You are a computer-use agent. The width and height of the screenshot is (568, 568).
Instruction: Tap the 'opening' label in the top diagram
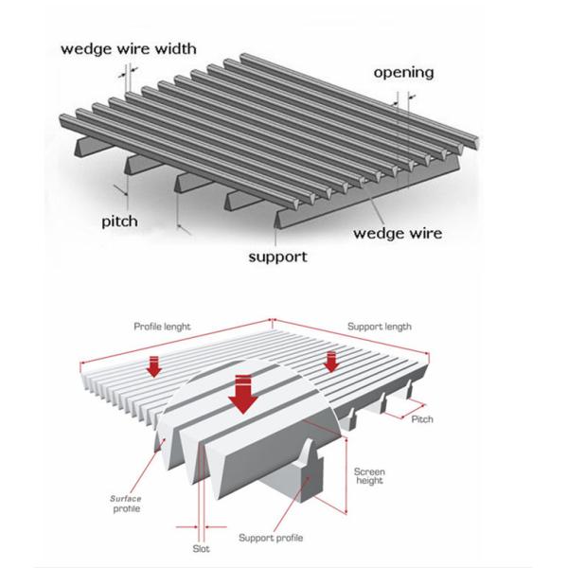(403, 72)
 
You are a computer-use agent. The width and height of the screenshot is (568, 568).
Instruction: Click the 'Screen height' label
(368, 477)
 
